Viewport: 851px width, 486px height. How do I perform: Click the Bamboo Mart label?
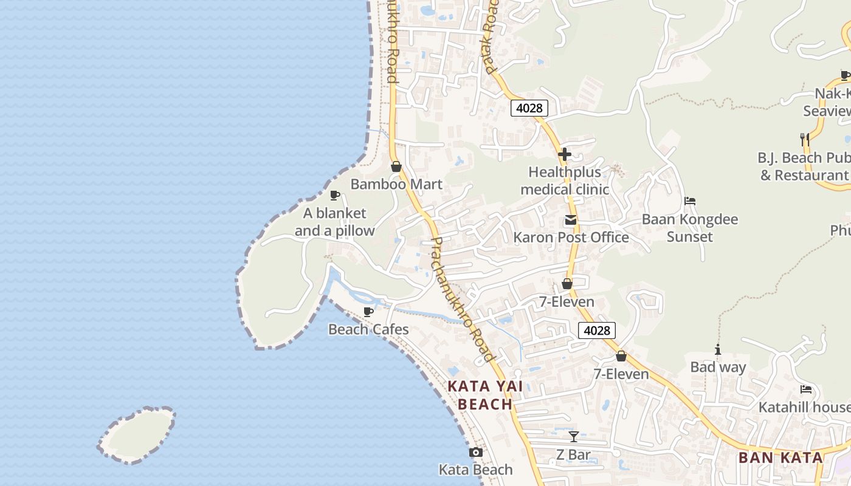[x=396, y=184]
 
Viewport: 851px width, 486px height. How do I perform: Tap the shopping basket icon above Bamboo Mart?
[x=396, y=166]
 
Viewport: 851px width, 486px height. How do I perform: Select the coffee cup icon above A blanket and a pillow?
[x=334, y=195]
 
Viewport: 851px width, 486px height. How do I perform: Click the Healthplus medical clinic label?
[x=564, y=180]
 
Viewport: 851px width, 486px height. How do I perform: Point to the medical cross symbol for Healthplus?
[x=564, y=154]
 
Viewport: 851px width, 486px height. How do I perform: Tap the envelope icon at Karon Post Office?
[x=570, y=220]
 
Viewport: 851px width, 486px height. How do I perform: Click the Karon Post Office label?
[x=571, y=237]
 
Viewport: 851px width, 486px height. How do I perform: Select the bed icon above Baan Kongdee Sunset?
[x=689, y=201]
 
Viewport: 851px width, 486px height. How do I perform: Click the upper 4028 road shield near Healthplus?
[x=529, y=108]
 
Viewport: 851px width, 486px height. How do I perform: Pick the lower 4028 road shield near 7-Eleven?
[x=596, y=330]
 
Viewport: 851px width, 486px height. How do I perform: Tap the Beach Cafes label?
[x=368, y=329]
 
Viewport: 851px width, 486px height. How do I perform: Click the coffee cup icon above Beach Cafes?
[x=368, y=312]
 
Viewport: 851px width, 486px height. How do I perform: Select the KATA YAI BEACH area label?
[x=485, y=395]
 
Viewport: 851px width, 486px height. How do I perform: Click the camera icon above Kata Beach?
[x=475, y=452]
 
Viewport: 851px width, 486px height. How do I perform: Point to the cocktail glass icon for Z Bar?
[x=573, y=436]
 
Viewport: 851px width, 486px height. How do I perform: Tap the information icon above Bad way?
[x=718, y=349]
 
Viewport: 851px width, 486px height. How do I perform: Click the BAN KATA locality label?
[x=780, y=457]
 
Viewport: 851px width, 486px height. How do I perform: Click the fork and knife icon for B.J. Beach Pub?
[x=804, y=140]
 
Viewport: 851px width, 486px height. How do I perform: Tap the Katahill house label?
[x=804, y=406]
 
